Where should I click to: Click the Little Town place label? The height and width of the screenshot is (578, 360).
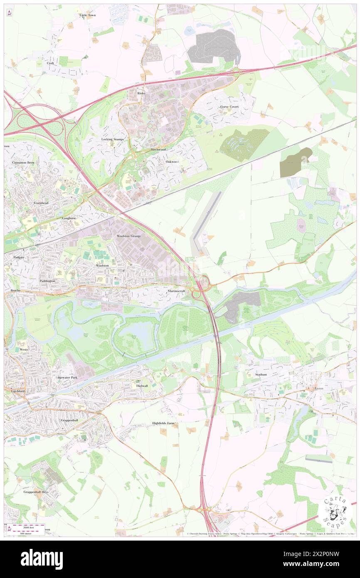pos(88,15)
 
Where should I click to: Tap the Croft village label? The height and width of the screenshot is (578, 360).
pos(51,63)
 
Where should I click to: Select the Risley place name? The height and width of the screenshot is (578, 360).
pos(141,94)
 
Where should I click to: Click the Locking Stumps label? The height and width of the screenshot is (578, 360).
pos(113,139)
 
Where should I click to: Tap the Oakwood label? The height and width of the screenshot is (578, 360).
pos(172,161)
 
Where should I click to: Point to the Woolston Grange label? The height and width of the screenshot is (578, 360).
pos(129,236)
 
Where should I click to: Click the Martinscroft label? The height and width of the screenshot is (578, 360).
pos(177,291)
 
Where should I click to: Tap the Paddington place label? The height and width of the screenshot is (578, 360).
pos(48,281)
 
